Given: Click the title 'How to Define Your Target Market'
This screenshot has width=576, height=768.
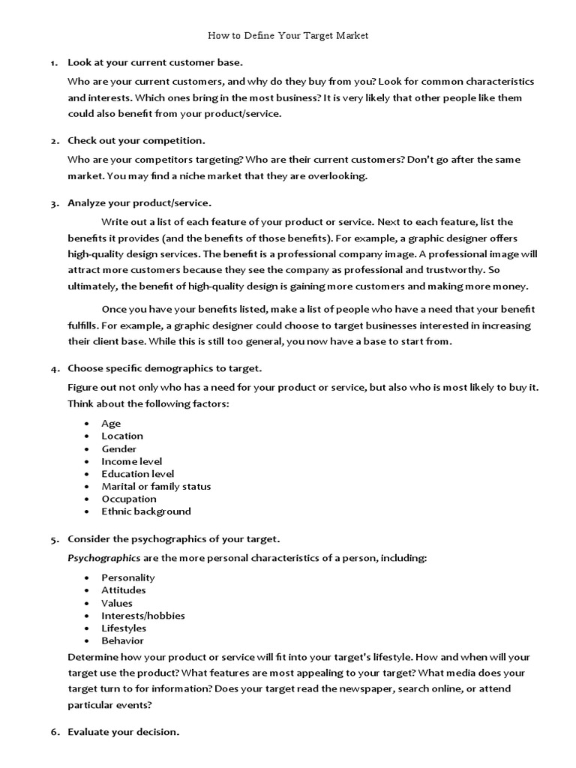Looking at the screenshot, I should pos(288,35).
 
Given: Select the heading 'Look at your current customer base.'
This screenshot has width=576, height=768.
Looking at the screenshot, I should pos(155,62).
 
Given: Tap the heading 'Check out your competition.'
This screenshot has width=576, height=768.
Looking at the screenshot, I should pos(136,140).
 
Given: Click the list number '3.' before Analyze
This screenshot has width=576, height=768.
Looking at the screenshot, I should pos(55,203).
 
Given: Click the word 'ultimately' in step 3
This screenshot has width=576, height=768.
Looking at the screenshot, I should pos(91,286).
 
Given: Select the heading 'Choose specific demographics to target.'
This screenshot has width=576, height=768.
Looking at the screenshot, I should pos(165,368).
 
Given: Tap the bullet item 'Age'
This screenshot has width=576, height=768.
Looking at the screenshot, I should pos(111,424).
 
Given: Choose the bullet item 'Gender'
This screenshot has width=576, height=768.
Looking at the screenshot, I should pos(119,448).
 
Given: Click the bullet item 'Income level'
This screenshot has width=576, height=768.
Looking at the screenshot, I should pos(132,461).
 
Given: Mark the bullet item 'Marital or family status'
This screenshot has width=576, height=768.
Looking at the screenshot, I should pos(156,486).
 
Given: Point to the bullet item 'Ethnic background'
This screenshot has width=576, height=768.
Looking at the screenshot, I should pos(146,511).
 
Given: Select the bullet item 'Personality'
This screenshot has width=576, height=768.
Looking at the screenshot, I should pos(128,577).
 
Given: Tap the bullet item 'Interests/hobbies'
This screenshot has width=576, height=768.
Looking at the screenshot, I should pos(143,616).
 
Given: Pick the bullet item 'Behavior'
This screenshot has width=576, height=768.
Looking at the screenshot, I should pos(122,640).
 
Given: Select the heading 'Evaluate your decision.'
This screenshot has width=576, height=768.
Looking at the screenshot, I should pos(124,731).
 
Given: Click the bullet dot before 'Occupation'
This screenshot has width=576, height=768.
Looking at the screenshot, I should pos(88,499).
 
